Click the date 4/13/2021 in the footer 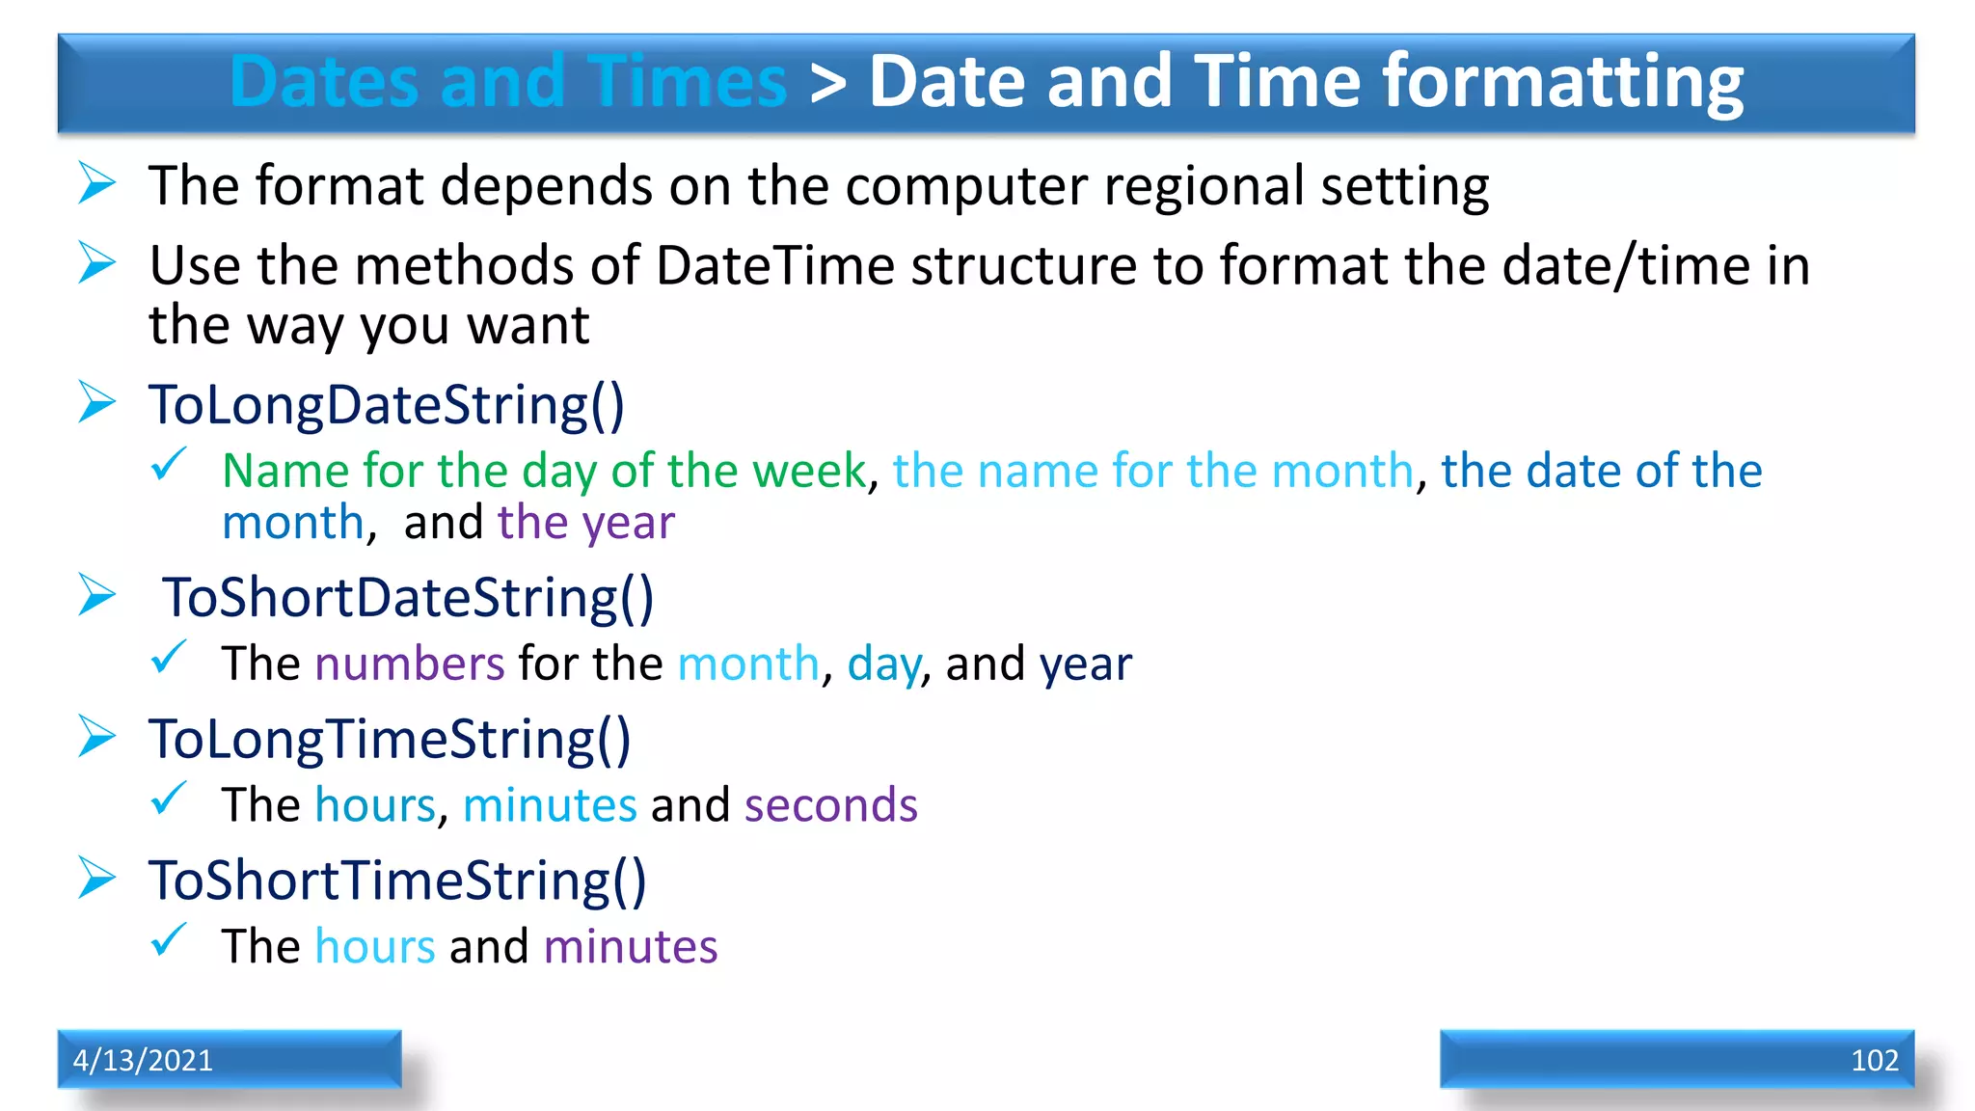(143, 1060)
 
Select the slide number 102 (1874, 1060)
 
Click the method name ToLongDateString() (387, 405)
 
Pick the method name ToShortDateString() (408, 598)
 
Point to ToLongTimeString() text (390, 740)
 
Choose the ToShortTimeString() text (397, 881)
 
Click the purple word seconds (830, 805)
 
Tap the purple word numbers (410, 664)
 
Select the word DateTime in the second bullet (775, 266)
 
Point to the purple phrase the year (585, 523)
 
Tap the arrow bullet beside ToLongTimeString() (97, 737)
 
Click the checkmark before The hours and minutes (169, 939)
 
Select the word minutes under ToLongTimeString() (550, 805)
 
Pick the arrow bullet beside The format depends (97, 183)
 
